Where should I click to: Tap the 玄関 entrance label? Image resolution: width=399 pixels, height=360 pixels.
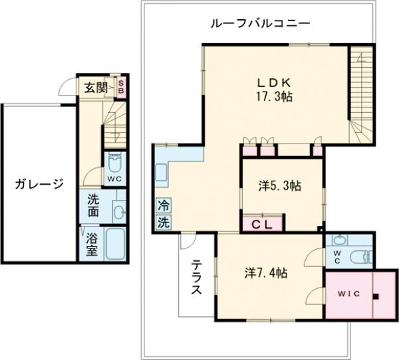click(96, 87)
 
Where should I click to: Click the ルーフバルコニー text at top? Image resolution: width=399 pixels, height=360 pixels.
click(259, 23)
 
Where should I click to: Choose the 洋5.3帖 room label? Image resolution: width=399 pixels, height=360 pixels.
click(279, 187)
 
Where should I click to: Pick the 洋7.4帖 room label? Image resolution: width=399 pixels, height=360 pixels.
click(265, 272)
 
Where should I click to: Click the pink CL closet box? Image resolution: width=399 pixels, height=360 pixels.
click(261, 224)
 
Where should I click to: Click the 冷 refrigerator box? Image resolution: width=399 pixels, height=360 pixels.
click(163, 205)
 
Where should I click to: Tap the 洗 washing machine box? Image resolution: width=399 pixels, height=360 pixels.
click(163, 223)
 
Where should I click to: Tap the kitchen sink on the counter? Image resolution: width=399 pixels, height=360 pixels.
click(162, 174)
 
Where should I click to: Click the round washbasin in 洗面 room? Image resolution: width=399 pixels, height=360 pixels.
click(118, 212)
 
